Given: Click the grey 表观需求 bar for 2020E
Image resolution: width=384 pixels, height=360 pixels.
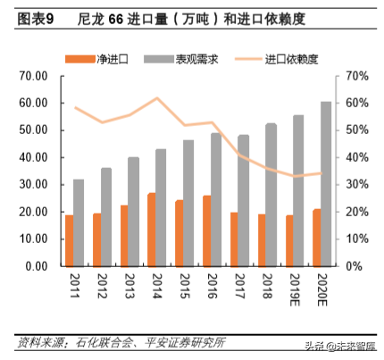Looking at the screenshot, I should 326,183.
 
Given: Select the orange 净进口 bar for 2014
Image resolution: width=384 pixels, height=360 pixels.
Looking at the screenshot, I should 152,230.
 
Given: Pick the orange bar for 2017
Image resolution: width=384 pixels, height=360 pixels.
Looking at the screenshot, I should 234,239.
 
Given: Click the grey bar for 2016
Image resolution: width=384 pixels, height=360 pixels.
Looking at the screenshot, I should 217,199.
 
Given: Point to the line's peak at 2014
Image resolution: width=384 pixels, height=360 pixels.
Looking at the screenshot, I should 157,98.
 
